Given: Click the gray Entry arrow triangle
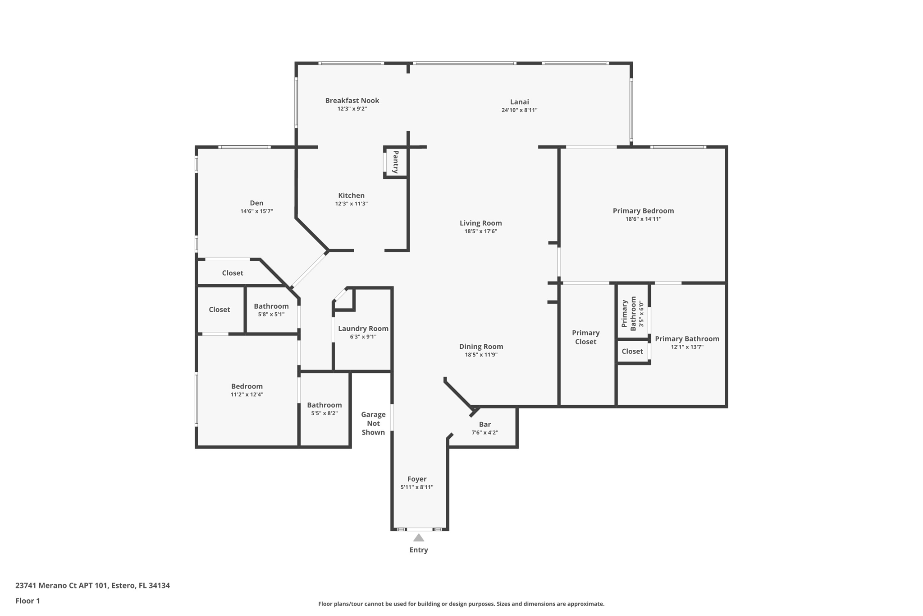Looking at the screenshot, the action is pyautogui.click(x=419, y=537).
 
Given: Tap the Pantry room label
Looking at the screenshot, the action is pyautogui.click(x=395, y=162).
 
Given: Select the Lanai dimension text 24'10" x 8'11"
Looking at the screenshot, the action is pyautogui.click(x=519, y=110).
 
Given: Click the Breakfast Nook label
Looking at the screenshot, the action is pyautogui.click(x=352, y=101).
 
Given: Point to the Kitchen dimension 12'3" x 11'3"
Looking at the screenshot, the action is pyautogui.click(x=352, y=204).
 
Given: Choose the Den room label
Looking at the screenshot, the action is pyautogui.click(x=256, y=203).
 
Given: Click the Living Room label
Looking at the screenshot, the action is pyautogui.click(x=481, y=223).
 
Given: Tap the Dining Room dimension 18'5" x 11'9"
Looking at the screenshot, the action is pyautogui.click(x=481, y=355).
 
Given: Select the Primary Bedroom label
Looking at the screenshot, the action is pyautogui.click(x=643, y=211).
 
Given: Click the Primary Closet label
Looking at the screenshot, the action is pyautogui.click(x=586, y=337).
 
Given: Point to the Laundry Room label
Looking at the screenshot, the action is pyautogui.click(x=363, y=329).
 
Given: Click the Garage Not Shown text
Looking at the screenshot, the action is pyautogui.click(x=373, y=423).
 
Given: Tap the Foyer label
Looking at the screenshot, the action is pyautogui.click(x=417, y=479).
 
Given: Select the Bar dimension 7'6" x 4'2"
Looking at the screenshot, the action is pyautogui.click(x=484, y=432).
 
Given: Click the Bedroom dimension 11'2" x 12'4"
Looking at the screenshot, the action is pyautogui.click(x=247, y=394).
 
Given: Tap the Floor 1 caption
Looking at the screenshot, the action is pyautogui.click(x=27, y=601).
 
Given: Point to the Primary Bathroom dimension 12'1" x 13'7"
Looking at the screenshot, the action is pyautogui.click(x=687, y=347).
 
